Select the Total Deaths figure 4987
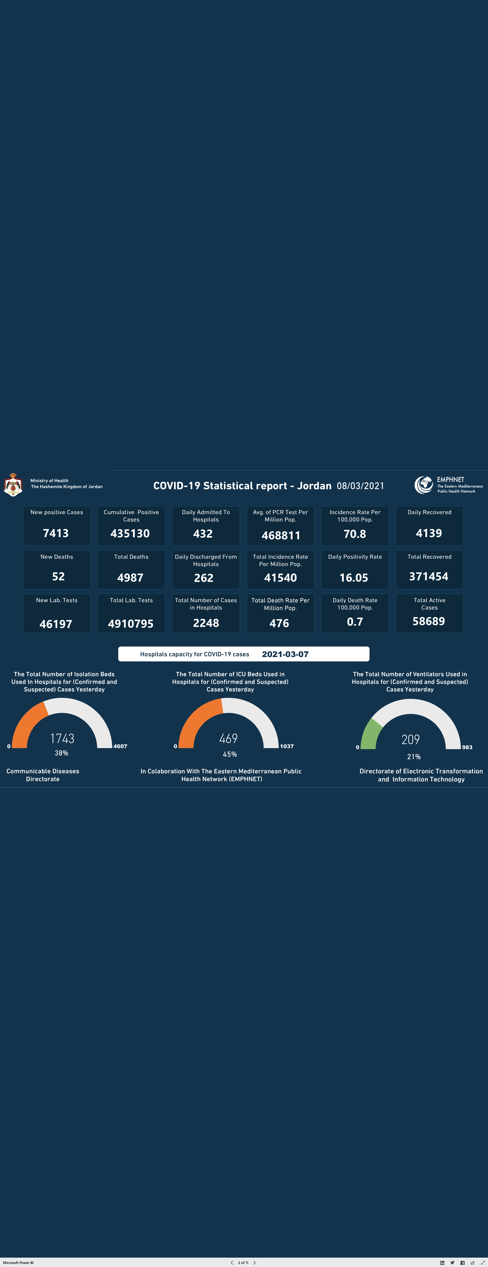tap(130, 578)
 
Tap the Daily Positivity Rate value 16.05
tap(354, 578)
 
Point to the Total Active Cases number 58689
tap(429, 621)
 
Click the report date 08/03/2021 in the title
tap(360, 486)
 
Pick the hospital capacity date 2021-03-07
tap(285, 654)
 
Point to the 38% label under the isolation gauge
tap(61, 753)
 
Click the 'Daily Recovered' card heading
tap(430, 512)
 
